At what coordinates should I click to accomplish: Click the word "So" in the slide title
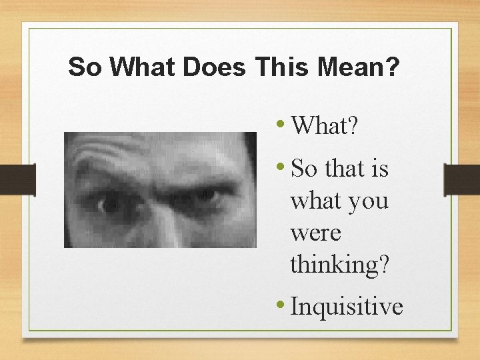click(x=83, y=67)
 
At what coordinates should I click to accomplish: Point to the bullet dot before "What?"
click(x=283, y=123)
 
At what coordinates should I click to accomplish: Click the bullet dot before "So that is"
click(x=283, y=168)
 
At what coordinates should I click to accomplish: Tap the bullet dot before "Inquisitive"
click(x=283, y=306)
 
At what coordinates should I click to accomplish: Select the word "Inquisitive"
click(x=347, y=307)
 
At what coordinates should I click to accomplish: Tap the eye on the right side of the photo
click(x=207, y=197)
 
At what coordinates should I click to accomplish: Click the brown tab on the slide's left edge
click(x=17, y=180)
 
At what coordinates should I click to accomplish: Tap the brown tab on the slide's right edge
click(x=461, y=180)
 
